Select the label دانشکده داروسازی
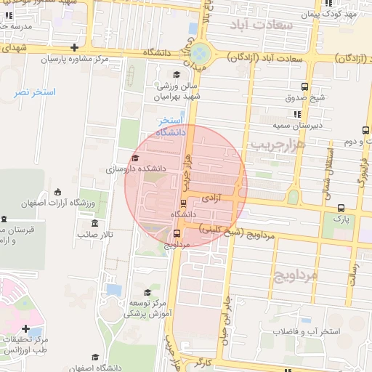[x=136, y=169]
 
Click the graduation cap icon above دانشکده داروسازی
[x=135, y=158]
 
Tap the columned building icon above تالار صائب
[x=94, y=223]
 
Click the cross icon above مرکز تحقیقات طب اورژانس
[x=27, y=329]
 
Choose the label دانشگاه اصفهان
[x=94, y=367]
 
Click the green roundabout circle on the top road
[x=199, y=53]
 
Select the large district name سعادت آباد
[x=260, y=25]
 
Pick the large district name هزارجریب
[x=280, y=145]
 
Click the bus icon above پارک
[x=341, y=208]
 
